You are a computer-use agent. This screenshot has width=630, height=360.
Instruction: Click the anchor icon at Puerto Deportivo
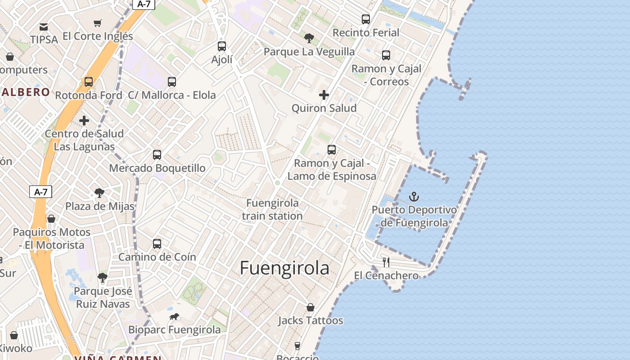tap(414, 197)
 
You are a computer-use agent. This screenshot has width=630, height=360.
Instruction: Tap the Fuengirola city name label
tap(284, 268)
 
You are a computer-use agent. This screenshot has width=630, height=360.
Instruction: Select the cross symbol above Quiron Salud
tap(324, 95)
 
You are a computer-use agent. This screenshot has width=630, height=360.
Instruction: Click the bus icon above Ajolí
tap(222, 46)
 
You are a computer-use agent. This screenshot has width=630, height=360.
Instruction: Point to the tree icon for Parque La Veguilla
tap(309, 38)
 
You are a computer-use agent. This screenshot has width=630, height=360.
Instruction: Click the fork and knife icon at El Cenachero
tap(386, 262)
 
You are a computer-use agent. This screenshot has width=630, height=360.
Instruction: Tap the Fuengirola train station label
tap(272, 210)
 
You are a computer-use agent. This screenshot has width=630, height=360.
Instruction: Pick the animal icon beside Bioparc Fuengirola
tap(174, 317)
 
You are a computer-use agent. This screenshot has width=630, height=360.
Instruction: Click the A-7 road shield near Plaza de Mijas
tap(41, 192)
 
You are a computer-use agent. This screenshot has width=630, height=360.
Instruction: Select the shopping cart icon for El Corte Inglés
tap(98, 23)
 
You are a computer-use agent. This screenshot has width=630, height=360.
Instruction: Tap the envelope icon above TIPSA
tap(44, 27)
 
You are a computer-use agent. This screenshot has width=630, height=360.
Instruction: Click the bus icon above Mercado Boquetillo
tap(157, 155)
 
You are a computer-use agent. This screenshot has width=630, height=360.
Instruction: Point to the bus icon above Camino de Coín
tap(157, 244)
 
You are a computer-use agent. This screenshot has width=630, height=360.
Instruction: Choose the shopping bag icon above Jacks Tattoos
tap(310, 307)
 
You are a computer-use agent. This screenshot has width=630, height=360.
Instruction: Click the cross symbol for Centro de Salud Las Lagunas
tap(84, 121)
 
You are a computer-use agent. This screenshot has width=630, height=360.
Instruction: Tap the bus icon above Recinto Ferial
tap(366, 19)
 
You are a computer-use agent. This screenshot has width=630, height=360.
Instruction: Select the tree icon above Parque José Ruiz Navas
tap(103, 278)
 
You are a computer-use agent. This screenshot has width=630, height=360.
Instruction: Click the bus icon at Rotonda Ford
tap(89, 82)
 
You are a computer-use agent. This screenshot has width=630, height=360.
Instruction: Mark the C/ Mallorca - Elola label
tap(172, 95)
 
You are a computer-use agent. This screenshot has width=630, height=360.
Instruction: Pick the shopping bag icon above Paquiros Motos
tap(51, 219)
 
